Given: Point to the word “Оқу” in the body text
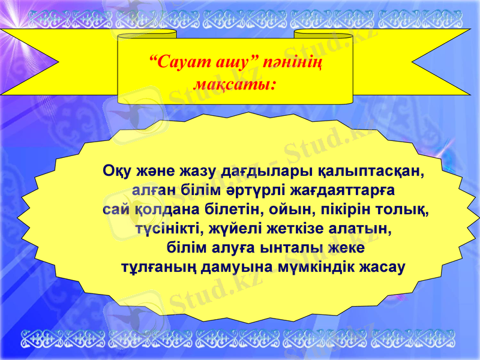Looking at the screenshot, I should pos(118,171).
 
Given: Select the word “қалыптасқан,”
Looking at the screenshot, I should pos(377,171).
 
